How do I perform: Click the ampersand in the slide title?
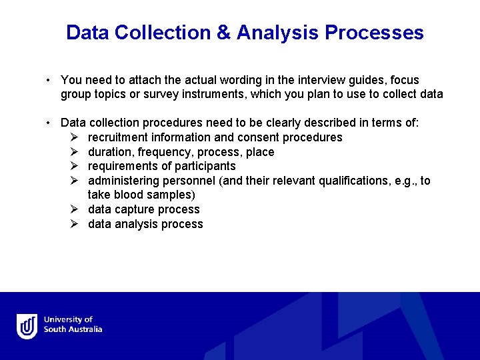pos(224,33)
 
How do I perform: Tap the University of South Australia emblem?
pos(27,326)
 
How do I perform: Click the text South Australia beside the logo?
pos(73,329)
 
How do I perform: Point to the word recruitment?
pos(118,137)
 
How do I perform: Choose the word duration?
pos(109,152)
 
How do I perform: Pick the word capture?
pos(134,209)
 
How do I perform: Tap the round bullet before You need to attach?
pos(49,81)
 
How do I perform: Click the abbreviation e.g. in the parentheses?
pos(396,181)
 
